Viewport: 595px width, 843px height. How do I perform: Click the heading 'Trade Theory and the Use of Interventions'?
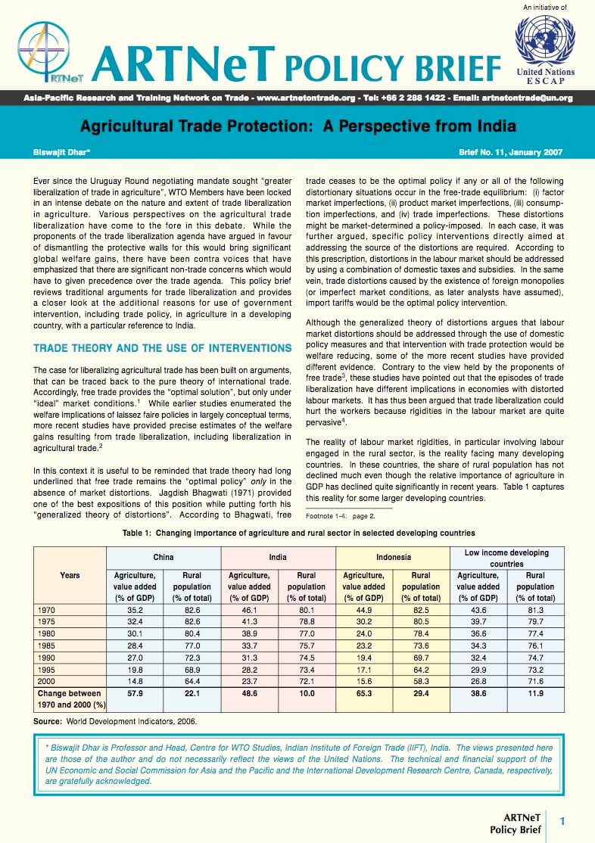[x=163, y=348]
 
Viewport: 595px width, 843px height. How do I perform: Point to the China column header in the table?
[x=163, y=557]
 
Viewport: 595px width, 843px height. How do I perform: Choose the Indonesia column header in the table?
[x=393, y=557]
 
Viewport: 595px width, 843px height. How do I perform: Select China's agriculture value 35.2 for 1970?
[x=134, y=609]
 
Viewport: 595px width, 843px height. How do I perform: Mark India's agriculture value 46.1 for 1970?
[x=249, y=609]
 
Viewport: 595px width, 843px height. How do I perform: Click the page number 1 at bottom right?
[x=562, y=820]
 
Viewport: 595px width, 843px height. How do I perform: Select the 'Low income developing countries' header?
[x=507, y=558]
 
